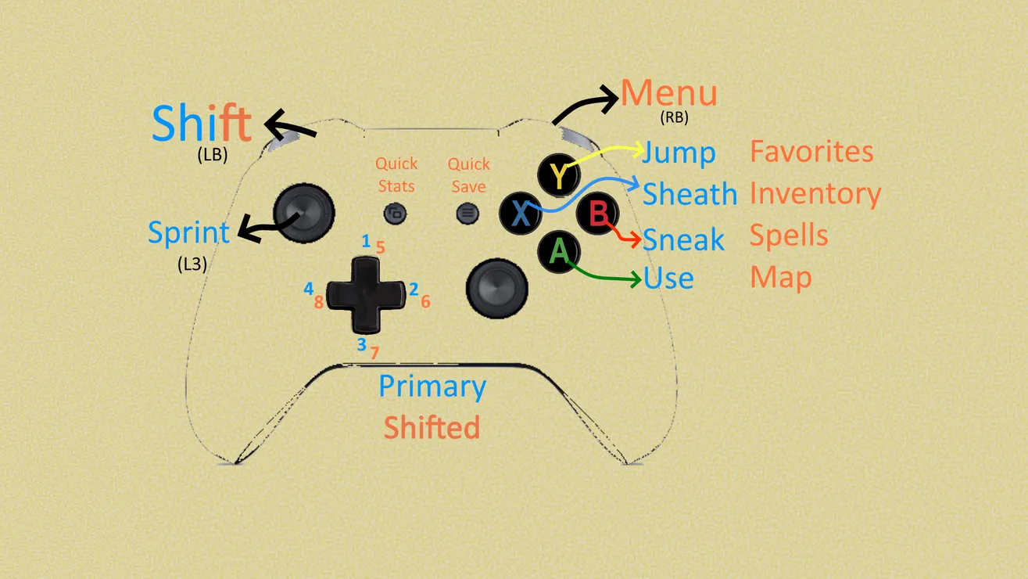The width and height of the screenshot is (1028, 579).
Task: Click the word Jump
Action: (679, 153)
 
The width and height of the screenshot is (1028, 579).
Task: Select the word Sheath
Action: (690, 194)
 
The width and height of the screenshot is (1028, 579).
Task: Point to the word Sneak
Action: (683, 240)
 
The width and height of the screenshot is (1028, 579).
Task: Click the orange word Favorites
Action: (811, 151)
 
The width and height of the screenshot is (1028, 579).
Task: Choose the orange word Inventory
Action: (815, 194)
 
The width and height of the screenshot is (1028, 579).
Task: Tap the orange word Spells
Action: (789, 235)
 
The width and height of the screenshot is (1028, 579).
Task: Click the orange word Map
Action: (780, 277)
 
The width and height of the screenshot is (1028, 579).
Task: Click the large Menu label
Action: (669, 94)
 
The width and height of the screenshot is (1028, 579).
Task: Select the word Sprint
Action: (189, 233)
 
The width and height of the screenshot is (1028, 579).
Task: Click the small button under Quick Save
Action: (468, 212)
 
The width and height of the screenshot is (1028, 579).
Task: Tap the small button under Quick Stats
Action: (396, 213)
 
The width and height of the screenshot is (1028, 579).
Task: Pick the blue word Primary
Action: (432, 387)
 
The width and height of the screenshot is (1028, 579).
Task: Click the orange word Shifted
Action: (432, 427)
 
